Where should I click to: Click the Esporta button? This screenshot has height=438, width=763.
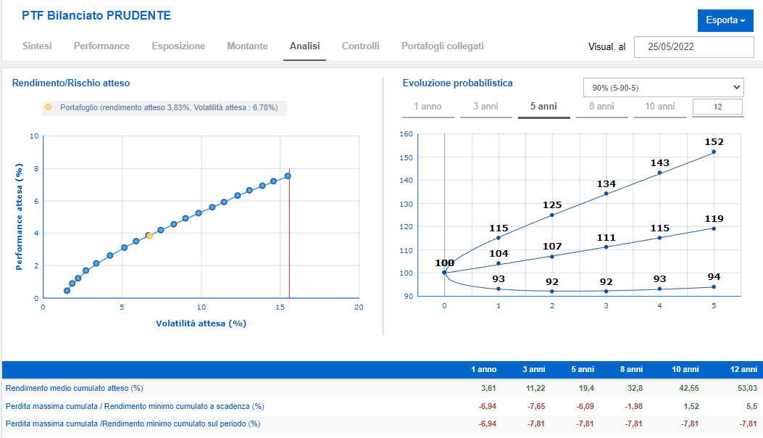pos(725,20)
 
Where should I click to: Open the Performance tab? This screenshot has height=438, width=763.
pos(101,46)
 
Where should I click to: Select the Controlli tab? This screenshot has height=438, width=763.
pos(361,46)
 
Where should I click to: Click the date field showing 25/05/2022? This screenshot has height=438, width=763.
pos(694,46)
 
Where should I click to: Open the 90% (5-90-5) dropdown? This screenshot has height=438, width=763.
pos(664,88)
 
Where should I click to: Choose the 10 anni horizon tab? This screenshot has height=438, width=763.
pos(660,106)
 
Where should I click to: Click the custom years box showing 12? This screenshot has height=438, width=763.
pos(718,107)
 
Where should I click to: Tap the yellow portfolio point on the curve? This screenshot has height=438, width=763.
pos(149,236)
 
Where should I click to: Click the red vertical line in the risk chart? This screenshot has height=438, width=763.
pos(290,233)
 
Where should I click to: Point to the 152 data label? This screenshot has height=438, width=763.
pos(714,142)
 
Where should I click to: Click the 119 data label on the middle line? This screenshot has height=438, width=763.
pos(714,219)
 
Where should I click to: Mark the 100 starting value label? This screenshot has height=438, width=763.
pos(444,263)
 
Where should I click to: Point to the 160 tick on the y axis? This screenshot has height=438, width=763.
pos(406,133)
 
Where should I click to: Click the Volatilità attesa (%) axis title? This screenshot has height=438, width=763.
pos(201,323)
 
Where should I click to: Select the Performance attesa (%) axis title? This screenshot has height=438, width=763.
pos(19,217)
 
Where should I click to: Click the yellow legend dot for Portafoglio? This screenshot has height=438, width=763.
pos(48,107)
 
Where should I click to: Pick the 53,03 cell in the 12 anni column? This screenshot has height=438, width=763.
pos(748,388)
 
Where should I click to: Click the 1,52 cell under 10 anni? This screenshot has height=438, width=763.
pos(691,406)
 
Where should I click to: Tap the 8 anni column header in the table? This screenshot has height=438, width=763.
pos(631,369)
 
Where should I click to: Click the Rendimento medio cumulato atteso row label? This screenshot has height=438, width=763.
pos(75,388)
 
